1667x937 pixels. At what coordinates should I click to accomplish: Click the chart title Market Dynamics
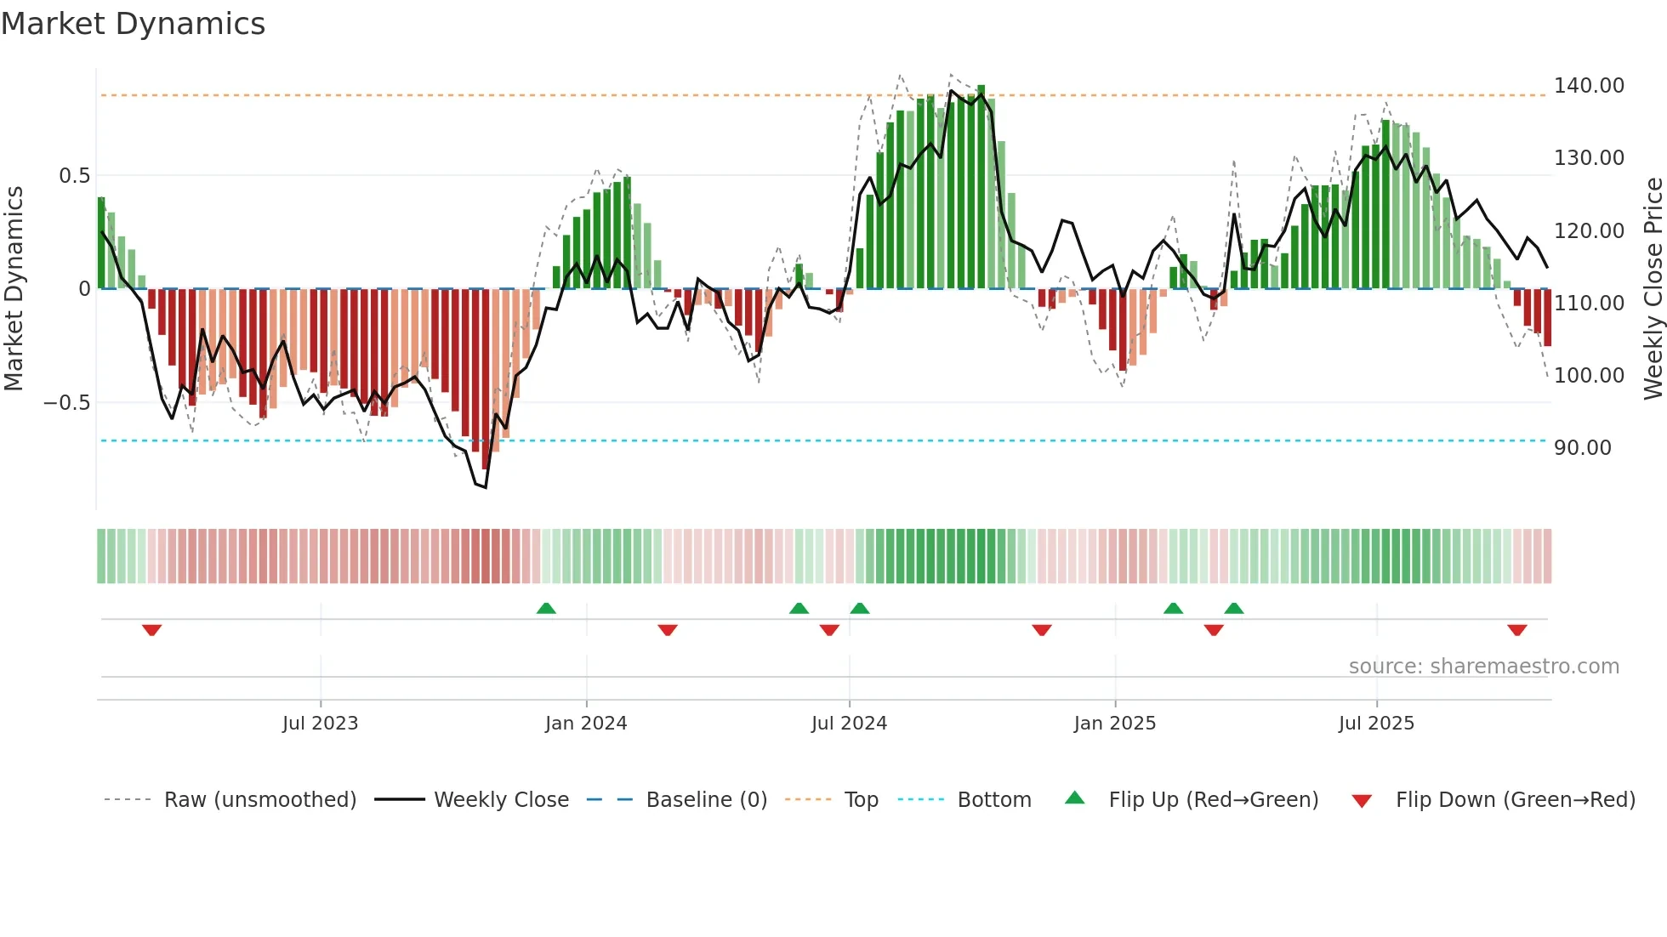tap(133, 24)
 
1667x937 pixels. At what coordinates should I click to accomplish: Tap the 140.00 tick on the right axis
tap(1589, 86)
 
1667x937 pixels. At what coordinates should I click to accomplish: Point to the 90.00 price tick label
tap(1582, 448)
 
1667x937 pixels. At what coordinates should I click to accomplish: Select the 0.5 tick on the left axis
tap(74, 176)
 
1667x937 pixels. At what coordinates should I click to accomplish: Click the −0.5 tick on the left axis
tap(67, 403)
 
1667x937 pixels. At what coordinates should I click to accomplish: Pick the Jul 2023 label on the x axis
tap(320, 724)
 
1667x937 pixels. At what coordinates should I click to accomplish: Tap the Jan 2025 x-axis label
tap(1114, 724)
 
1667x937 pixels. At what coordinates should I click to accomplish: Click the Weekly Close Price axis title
tap(1653, 289)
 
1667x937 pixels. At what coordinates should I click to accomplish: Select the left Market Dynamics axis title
tap(14, 289)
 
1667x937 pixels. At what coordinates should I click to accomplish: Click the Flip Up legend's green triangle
tap(1075, 798)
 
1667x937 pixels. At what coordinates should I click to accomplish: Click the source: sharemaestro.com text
tap(1483, 667)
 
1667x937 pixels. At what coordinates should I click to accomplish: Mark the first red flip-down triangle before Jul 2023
tap(151, 630)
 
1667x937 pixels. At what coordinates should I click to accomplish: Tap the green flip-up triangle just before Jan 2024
tap(546, 608)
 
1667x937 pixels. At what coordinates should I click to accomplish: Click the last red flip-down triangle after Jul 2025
tap(1516, 630)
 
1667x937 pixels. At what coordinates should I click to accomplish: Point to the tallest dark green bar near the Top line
tap(981, 187)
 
